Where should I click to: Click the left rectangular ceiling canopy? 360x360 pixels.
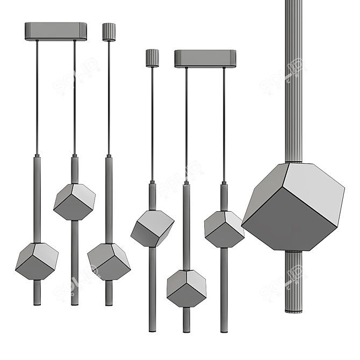point(56,31)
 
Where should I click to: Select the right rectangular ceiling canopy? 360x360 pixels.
point(205,59)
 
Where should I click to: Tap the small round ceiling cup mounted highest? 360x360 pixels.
point(109,32)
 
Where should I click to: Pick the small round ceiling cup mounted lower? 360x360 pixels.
point(152,58)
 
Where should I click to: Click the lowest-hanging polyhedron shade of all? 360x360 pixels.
point(186,287)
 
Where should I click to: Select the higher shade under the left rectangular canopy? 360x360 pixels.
point(74,201)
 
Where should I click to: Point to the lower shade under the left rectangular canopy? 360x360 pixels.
point(37,261)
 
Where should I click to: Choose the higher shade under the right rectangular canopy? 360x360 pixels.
point(224,228)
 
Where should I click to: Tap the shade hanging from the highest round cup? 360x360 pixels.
point(109,261)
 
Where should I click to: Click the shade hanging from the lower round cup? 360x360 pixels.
point(152,228)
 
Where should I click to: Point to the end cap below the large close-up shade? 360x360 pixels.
point(293,311)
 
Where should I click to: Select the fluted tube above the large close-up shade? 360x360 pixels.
point(293,81)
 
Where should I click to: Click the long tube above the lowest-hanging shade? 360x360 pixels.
point(186,226)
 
